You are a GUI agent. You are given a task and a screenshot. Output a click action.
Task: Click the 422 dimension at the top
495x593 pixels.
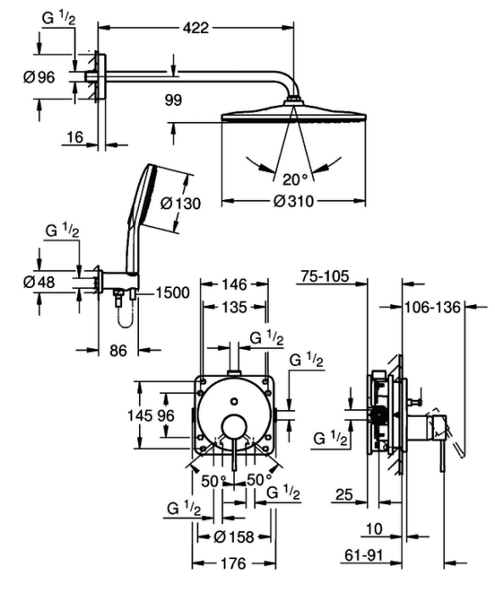(x=196, y=28)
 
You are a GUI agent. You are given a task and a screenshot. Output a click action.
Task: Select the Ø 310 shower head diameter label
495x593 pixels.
(x=293, y=202)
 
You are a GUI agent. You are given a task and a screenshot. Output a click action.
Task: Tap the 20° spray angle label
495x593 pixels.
(x=295, y=180)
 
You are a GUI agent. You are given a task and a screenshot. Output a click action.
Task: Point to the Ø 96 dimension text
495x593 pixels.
(x=39, y=77)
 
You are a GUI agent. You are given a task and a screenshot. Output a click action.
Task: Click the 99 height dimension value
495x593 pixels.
(x=173, y=100)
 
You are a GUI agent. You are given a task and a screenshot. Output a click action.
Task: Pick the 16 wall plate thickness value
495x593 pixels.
(x=75, y=137)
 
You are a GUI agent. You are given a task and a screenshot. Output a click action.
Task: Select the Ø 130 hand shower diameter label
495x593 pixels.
(x=181, y=203)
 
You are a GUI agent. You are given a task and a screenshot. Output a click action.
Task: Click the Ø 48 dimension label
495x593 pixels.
(x=39, y=282)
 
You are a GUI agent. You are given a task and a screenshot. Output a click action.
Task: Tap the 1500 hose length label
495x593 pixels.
(x=173, y=293)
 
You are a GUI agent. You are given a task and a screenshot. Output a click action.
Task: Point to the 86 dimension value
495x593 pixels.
(x=118, y=351)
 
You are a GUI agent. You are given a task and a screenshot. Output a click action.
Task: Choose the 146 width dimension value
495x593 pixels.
(x=234, y=285)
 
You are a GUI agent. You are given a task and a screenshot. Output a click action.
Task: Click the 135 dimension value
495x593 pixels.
(x=234, y=307)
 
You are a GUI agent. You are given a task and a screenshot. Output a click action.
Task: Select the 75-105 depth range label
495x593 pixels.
(x=325, y=276)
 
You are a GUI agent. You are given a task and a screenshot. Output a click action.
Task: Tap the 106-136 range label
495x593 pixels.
(x=432, y=307)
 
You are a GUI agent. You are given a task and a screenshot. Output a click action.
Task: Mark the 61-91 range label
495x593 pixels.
(x=364, y=555)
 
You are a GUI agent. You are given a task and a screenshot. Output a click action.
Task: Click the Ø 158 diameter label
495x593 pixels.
(x=233, y=536)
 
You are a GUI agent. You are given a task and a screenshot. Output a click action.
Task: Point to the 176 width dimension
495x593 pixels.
(x=233, y=564)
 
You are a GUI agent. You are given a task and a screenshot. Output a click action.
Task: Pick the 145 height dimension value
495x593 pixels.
(x=139, y=416)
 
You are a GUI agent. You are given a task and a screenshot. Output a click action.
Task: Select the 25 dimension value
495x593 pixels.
(x=344, y=495)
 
